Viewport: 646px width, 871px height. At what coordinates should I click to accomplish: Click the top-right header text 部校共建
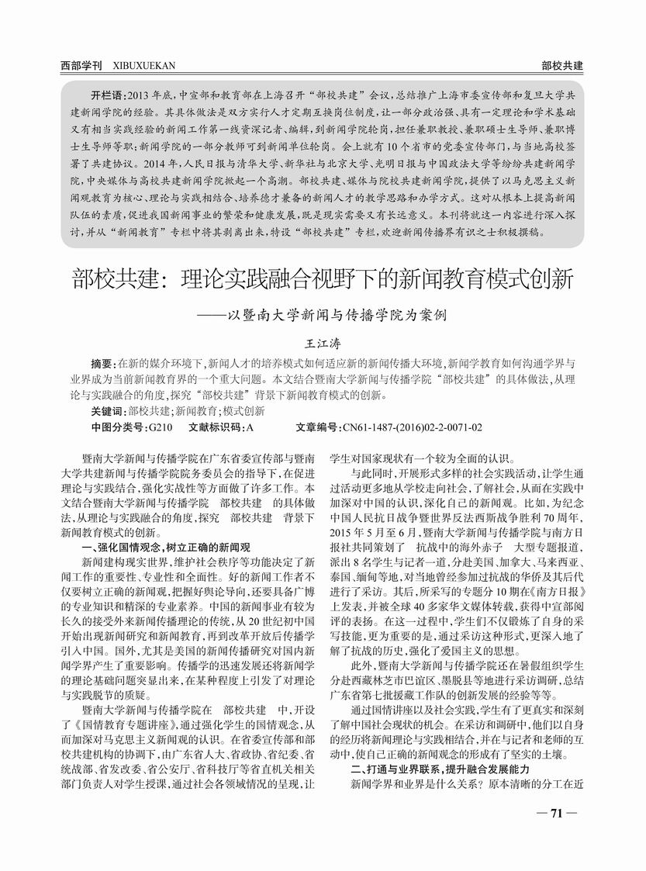point(563,65)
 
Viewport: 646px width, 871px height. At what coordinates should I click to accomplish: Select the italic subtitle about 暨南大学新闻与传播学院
point(333,316)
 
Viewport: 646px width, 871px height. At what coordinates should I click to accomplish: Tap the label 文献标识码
point(216,427)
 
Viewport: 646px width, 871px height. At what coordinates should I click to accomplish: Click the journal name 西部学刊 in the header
point(81,65)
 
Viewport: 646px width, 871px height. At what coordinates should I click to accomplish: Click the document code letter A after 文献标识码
point(250,427)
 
